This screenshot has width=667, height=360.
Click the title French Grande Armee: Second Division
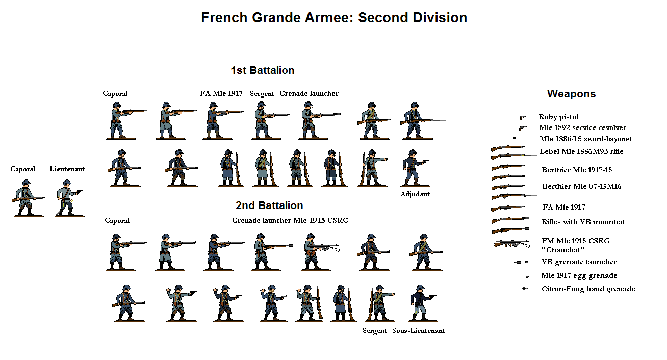tap(334, 18)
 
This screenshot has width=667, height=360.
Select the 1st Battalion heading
tap(262, 70)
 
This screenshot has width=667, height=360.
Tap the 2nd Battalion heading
tap(269, 205)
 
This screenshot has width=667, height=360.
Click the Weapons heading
tap(571, 94)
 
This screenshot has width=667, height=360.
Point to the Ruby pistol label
tap(558, 117)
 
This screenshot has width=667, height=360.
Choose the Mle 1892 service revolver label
tap(582, 128)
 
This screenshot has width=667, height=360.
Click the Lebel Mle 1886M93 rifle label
tap(581, 152)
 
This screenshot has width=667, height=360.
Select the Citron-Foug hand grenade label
tap(588, 289)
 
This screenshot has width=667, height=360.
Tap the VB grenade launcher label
tap(579, 262)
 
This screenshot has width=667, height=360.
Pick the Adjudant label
tap(415, 194)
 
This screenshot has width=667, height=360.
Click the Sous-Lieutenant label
tap(419, 331)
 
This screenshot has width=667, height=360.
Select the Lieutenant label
tap(67, 169)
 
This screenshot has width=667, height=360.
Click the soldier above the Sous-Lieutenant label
tap(419, 303)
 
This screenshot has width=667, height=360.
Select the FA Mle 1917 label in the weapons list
tap(563, 208)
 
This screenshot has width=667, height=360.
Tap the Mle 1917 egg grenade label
tap(579, 276)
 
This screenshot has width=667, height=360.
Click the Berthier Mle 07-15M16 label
tap(581, 187)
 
